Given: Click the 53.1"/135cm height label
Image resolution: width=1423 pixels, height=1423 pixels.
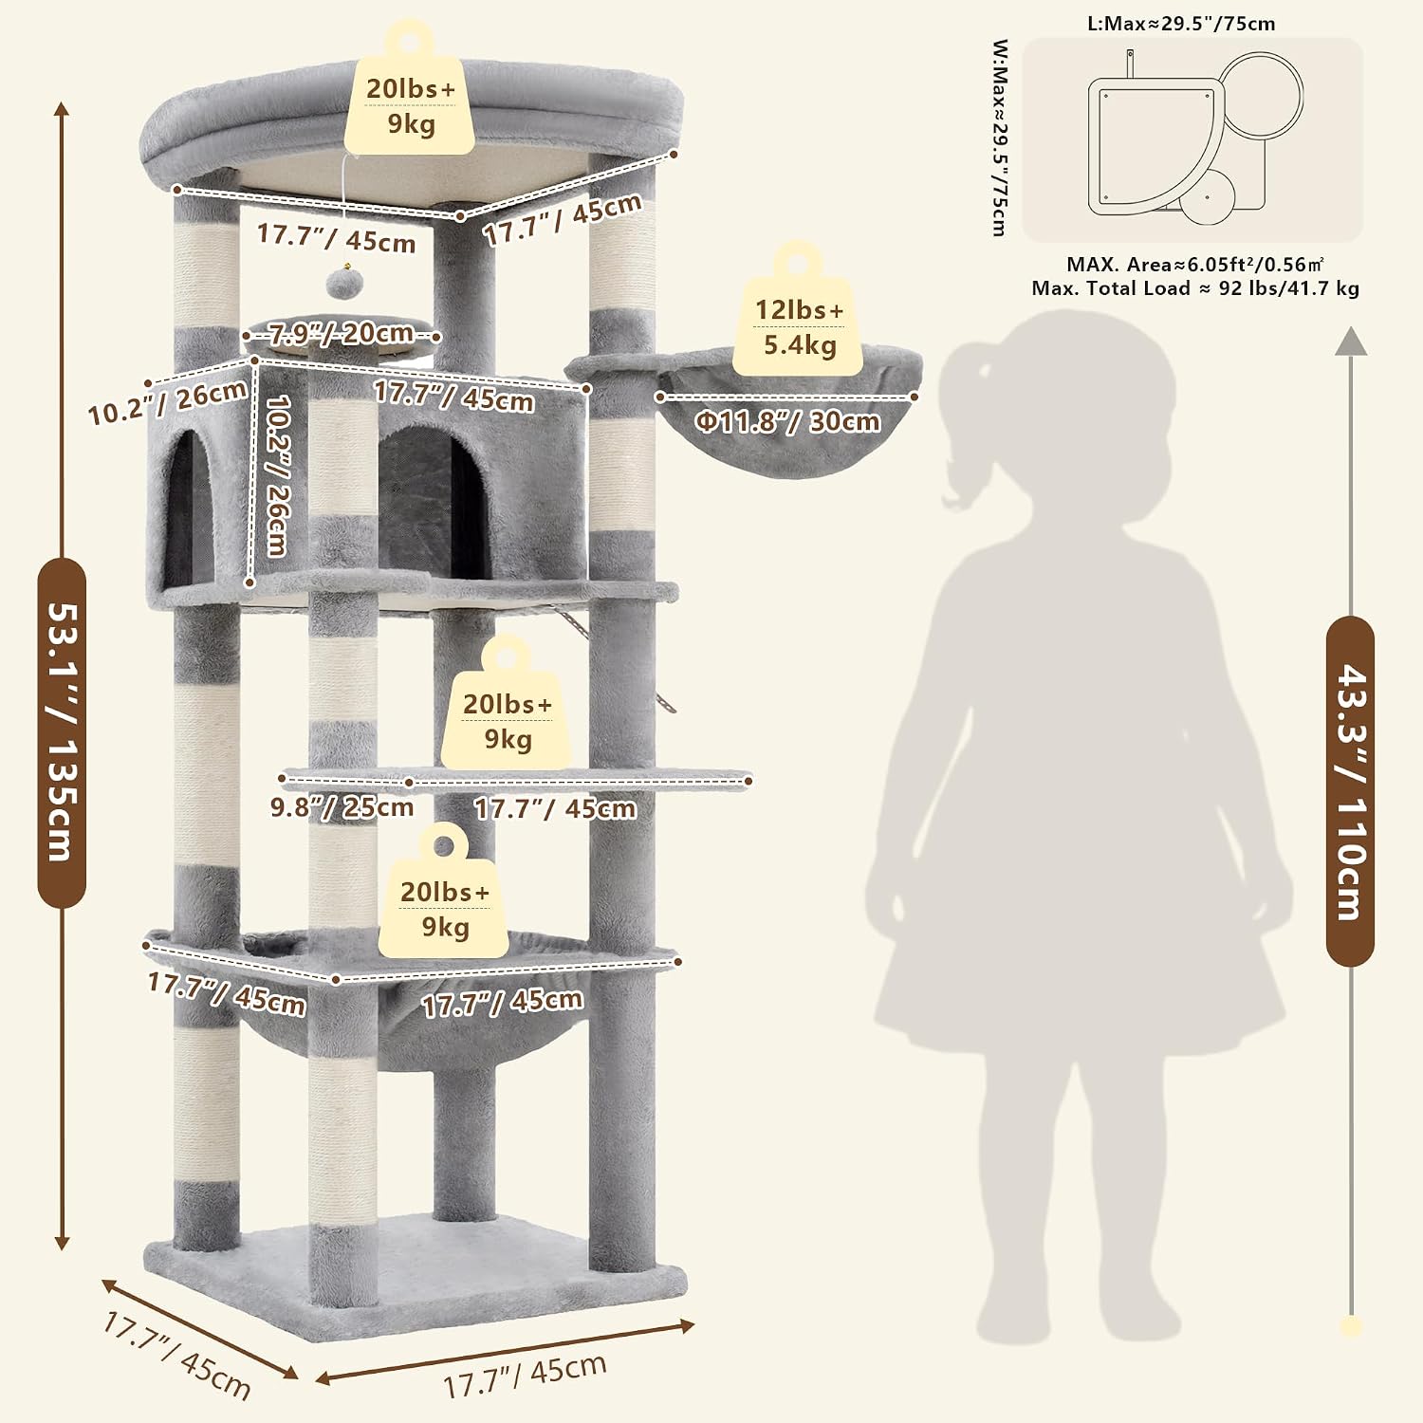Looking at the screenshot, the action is pos(62,732).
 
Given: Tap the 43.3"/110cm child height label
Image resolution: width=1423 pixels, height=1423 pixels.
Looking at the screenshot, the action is pos(1350,791).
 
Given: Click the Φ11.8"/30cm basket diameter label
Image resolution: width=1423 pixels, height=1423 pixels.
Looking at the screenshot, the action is pos(787,421).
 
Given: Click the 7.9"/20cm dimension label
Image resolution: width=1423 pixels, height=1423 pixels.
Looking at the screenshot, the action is pos(341,334).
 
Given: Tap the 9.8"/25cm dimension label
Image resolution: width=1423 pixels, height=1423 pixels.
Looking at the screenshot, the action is pos(342,807).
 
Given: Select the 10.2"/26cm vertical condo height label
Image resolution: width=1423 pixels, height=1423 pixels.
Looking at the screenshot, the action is pos(277,474).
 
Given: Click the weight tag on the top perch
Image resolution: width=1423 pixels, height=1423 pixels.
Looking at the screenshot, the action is pos(411,89).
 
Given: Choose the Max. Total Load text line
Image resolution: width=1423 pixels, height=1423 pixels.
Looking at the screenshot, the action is pos(1195,288).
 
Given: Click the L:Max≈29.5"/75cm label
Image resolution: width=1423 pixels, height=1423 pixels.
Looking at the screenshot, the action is pos(1181,24).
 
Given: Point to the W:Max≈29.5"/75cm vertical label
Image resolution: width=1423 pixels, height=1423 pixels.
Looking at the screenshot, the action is pos(1000,138).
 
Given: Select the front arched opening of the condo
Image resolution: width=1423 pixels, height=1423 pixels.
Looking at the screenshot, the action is pos(429,503).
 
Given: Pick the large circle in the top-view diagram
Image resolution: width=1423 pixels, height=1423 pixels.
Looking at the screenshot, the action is pos(1261,96).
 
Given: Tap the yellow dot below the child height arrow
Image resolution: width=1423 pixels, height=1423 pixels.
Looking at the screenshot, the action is pos(1352,1326).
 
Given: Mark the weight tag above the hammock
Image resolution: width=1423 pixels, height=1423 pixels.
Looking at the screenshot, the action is pos(445,893).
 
